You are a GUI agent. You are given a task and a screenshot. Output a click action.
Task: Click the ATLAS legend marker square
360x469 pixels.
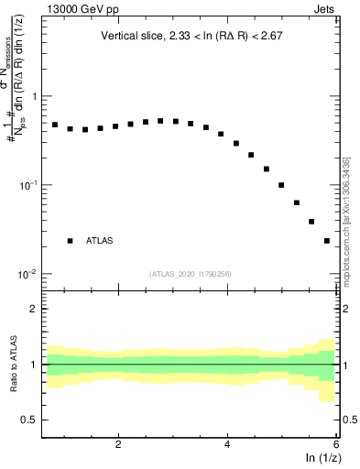[x=70, y=241]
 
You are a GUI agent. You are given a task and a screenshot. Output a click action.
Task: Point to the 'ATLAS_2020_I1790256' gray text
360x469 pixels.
[x=190, y=274]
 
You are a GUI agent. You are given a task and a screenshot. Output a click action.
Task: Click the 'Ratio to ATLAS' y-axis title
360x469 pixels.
[x=12, y=364]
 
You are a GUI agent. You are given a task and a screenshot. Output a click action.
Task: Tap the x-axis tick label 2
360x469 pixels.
[x=118, y=444]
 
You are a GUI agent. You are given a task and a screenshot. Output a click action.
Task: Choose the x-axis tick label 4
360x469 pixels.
[x=227, y=444]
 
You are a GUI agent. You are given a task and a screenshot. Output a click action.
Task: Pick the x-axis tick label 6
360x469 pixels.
[x=336, y=444]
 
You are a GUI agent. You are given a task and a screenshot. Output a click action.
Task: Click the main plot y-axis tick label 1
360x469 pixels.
[x=34, y=96]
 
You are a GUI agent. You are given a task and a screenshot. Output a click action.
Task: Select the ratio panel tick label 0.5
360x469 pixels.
[x=29, y=420]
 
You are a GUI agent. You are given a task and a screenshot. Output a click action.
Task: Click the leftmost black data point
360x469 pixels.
[x=55, y=125]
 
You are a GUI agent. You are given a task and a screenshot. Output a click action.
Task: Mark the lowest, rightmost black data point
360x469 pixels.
[x=327, y=241]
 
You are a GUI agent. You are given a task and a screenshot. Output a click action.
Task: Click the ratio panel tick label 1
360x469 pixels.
[x=34, y=365]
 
